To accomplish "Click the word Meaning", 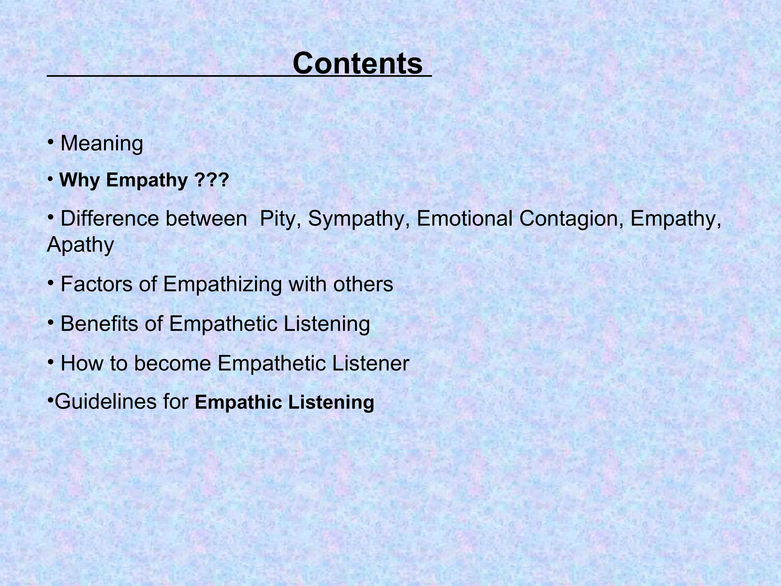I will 102,144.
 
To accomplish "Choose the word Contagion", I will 571,219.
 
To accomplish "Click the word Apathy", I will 80,245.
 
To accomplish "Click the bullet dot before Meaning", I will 50,142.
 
